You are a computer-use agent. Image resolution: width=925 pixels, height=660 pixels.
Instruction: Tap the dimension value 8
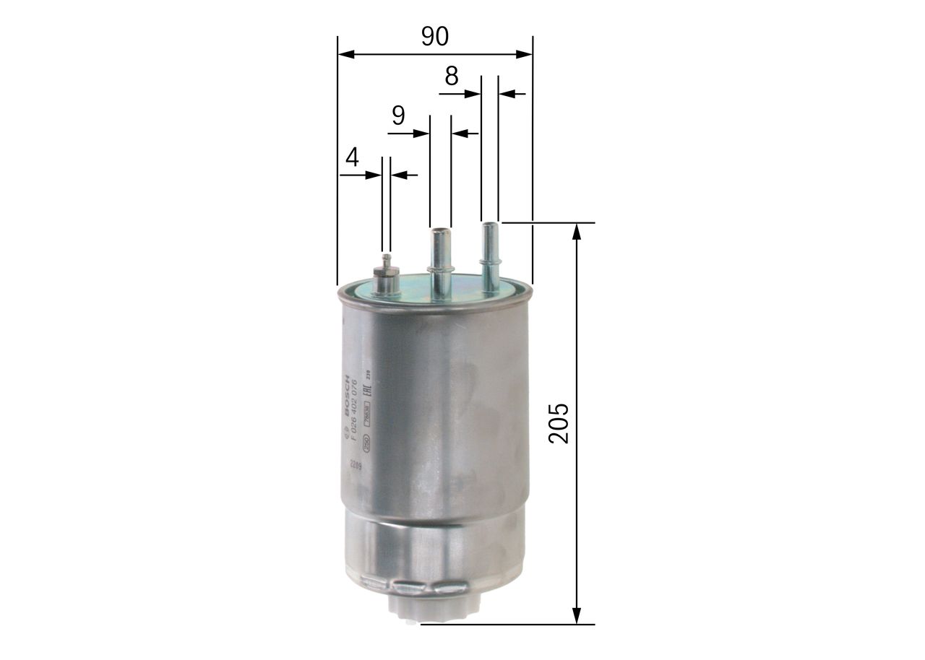point(452,76)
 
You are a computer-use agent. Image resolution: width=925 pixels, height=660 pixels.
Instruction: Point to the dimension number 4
point(352,157)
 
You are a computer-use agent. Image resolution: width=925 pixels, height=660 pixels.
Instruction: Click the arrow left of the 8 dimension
point(473,93)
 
